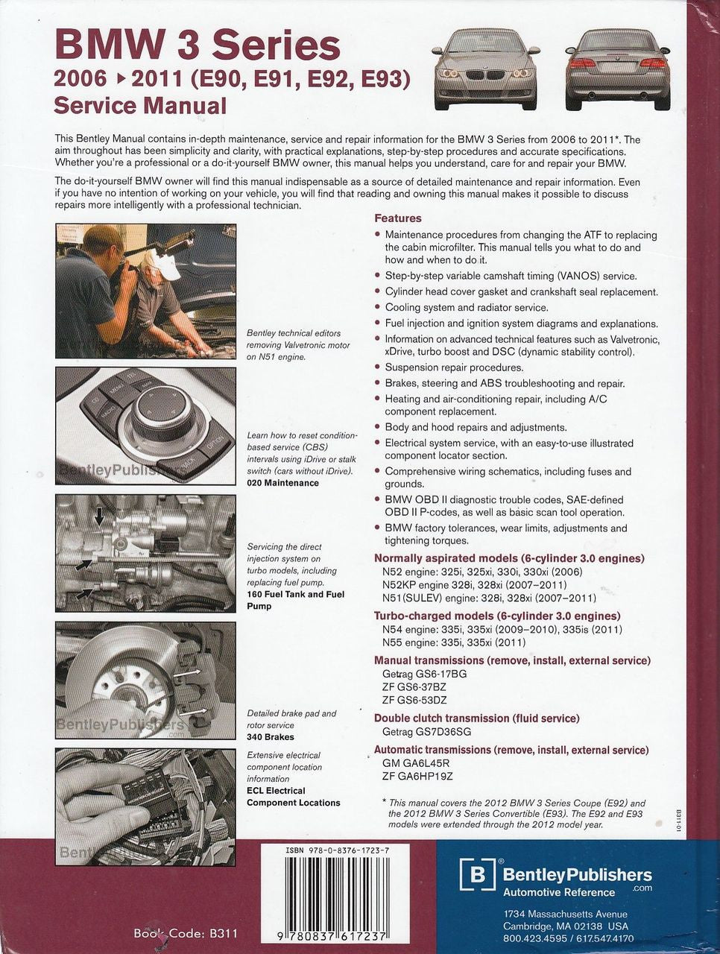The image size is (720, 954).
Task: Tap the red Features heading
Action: pyautogui.click(x=397, y=218)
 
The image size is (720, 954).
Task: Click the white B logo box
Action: pyautogui.click(x=477, y=875)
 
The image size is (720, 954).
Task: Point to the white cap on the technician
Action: pyautogui.click(x=165, y=262)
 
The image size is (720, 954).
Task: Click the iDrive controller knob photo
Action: pyautogui.click(x=145, y=425)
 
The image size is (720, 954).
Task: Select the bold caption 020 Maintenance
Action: pyautogui.click(x=282, y=483)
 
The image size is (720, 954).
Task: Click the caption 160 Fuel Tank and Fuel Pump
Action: pyautogui.click(x=295, y=600)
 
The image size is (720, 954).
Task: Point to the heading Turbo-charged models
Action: pyautogui.click(x=497, y=616)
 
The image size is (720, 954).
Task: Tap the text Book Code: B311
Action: pyautogui.click(x=187, y=932)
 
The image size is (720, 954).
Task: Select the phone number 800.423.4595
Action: pyautogui.click(x=534, y=938)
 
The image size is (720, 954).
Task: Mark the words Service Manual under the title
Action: pyautogui.click(x=140, y=105)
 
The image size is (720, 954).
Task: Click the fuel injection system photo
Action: pyautogui.click(x=145, y=553)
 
